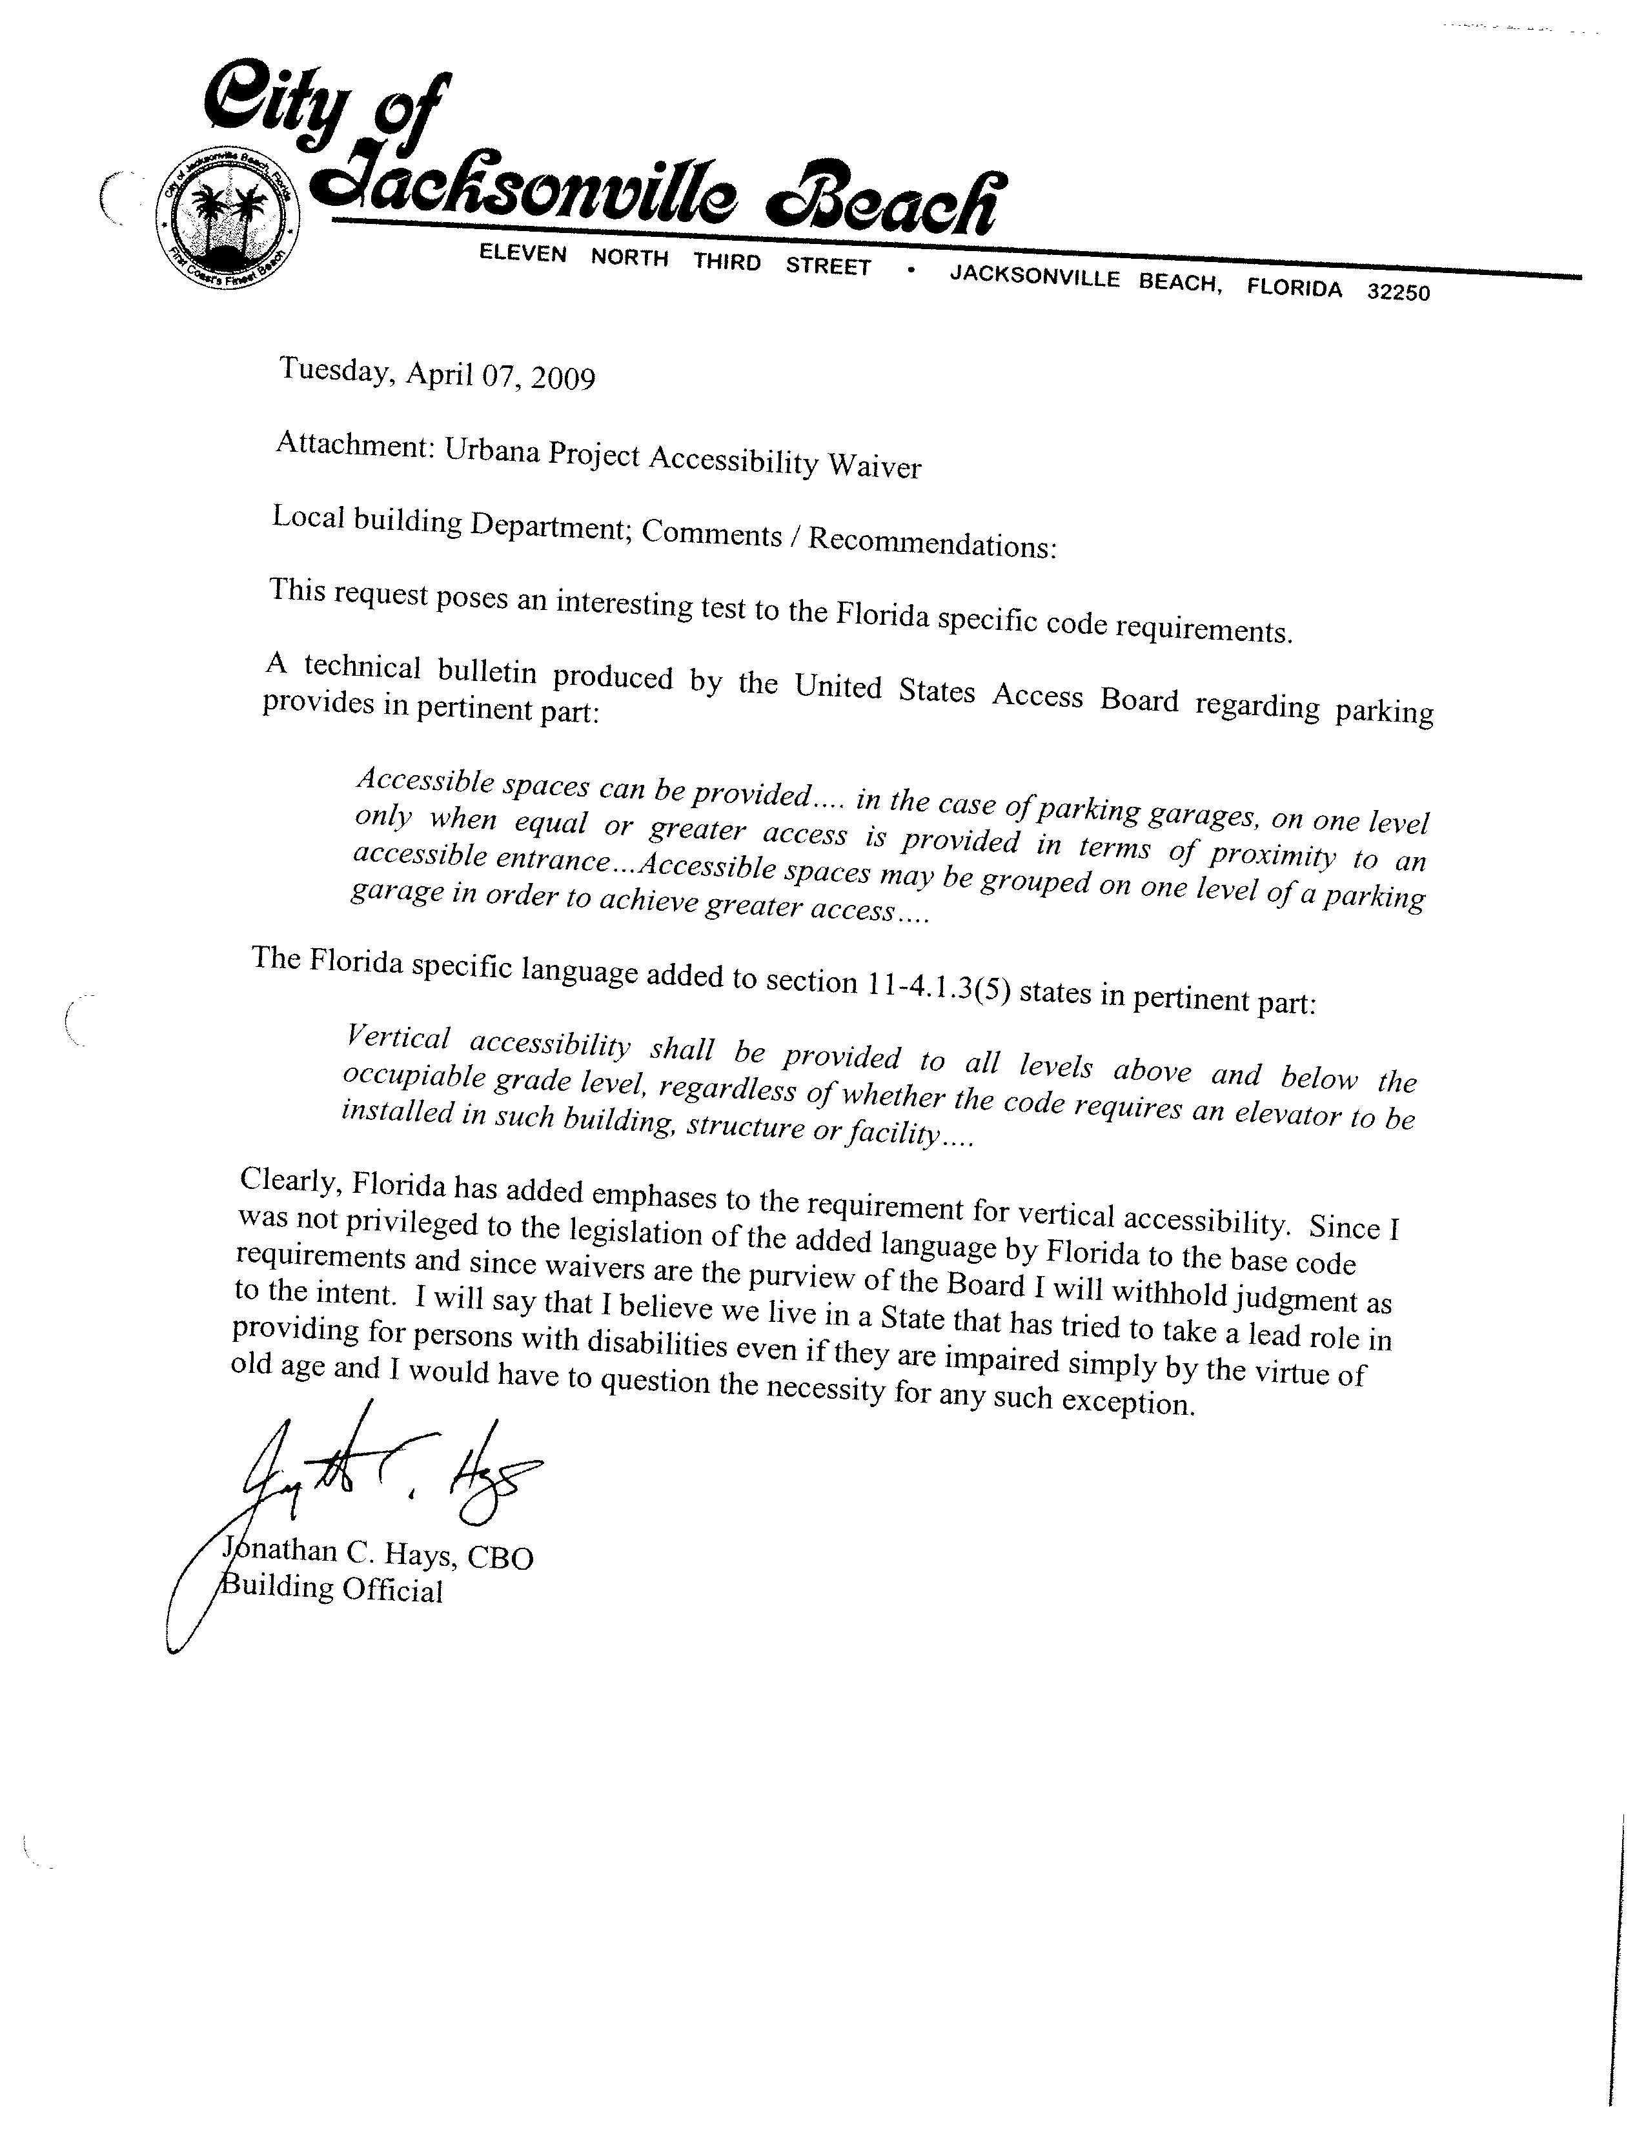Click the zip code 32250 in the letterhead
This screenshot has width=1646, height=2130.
[x=1398, y=292]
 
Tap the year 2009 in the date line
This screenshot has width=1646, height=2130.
[x=563, y=378]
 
